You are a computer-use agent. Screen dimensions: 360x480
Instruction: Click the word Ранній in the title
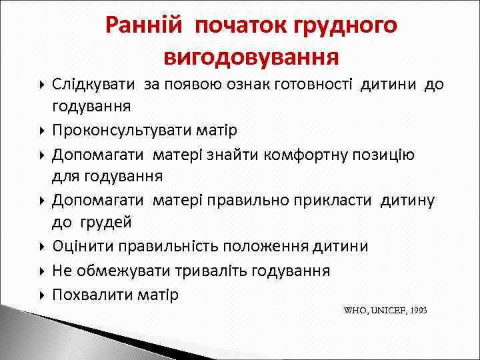pos(143,25)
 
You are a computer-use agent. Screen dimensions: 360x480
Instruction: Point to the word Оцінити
pos(83,246)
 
